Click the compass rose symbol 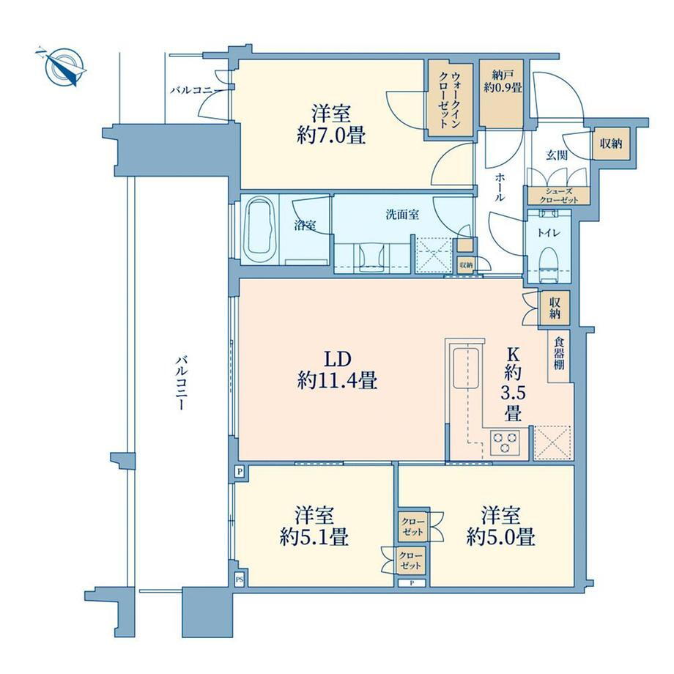click(63, 67)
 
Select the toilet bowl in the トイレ click(548, 262)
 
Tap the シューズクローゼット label click(558, 196)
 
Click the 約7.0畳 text click(331, 136)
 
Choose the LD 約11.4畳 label click(337, 371)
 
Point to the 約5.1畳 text click(314, 536)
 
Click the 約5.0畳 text click(501, 536)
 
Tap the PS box click(239, 580)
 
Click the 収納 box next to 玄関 click(611, 144)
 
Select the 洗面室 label click(402, 215)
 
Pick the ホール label click(500, 187)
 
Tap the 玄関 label click(557, 155)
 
